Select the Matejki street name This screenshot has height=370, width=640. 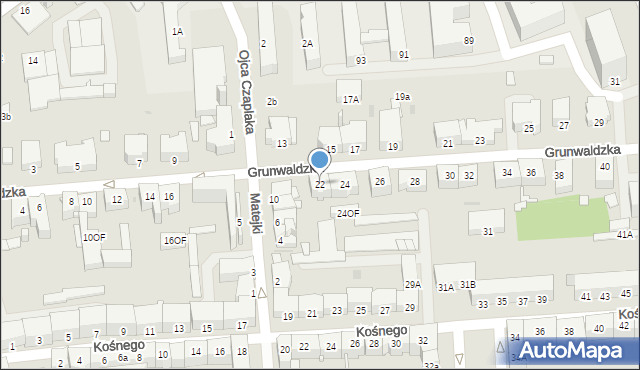256,214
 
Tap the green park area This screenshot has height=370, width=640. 562,218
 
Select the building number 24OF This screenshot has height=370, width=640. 347,213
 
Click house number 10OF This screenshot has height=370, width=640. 93,237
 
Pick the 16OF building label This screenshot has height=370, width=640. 175,240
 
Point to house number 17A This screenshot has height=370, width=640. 350,99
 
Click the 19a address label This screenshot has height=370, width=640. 402,96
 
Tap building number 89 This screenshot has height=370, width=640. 469,40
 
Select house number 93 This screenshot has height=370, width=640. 361,60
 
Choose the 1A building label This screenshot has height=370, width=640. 177,31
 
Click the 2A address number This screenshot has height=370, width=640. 307,43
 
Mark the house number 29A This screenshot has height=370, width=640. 412,285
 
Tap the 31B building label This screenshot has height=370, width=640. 468,285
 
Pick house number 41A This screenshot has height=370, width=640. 625,234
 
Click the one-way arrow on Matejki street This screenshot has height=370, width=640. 262,293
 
